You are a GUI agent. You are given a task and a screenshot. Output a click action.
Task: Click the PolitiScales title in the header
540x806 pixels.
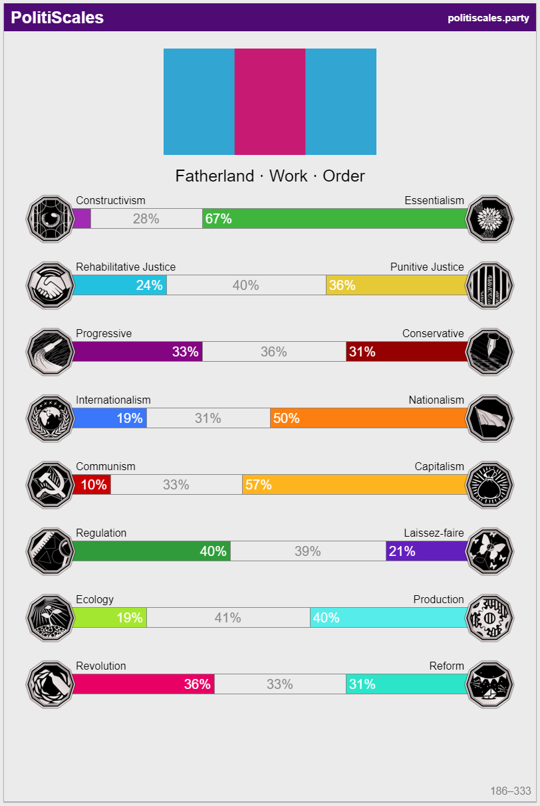tap(57, 18)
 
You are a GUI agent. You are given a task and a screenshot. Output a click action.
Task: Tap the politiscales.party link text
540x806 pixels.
tap(488, 18)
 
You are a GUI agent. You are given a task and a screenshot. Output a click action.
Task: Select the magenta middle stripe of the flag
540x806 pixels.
tap(270, 102)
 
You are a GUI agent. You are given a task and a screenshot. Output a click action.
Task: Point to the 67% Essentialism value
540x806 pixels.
tap(219, 219)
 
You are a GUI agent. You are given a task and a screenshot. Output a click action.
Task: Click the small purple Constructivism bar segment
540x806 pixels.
tap(81, 219)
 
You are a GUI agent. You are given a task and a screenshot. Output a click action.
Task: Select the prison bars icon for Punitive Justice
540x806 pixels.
tap(490, 285)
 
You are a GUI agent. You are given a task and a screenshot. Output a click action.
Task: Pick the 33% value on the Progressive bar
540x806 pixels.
tap(186, 352)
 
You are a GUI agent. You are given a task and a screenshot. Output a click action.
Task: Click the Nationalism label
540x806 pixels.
tap(436, 400)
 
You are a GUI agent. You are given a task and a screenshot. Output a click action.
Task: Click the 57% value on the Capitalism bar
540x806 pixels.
tap(259, 485)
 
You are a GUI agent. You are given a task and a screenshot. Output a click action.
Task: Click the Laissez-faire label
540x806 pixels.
tap(434, 533)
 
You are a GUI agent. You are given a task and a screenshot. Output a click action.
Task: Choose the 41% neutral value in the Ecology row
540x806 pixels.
tap(227, 618)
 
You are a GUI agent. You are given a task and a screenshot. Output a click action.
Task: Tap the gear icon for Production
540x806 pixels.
tap(490, 617)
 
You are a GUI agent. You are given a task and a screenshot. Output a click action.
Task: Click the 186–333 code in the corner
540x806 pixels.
tap(511, 791)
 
